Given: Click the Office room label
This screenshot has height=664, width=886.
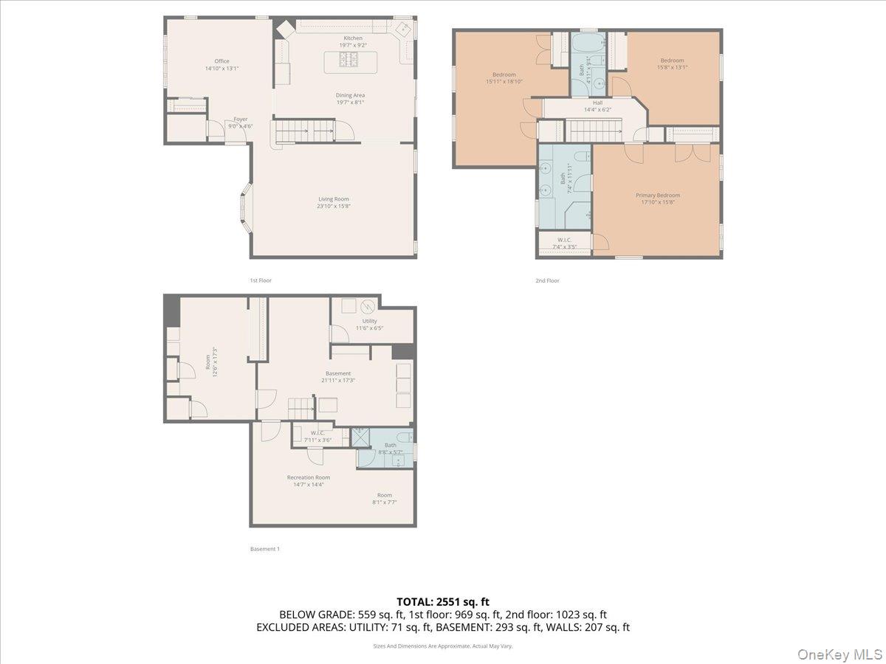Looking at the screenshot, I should pos(221,61).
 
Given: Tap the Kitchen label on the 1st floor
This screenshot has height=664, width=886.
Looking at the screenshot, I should pos(353,38).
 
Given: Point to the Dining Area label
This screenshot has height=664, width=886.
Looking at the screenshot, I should pos(350,95).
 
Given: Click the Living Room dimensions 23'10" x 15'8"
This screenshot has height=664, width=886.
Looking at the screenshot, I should pos(334,207).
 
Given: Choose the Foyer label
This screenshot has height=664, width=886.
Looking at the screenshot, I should pos(241,119).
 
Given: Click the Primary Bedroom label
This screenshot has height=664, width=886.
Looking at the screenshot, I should pos(658,196).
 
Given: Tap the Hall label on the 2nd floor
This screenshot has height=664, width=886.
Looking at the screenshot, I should pos(597,103).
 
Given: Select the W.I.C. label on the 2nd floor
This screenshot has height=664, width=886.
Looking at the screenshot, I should pos(565,240).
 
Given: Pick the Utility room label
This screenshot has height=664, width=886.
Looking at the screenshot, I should pos(369,321).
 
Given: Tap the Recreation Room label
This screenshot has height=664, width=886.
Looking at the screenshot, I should pos(309,477).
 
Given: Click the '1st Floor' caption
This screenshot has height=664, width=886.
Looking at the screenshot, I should pos(261,280).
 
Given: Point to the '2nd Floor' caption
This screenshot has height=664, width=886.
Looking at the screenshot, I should pos(547,280).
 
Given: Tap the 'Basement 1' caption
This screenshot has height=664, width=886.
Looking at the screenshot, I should pos(265,549).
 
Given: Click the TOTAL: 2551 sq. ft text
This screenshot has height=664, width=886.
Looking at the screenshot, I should pos(442,602).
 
